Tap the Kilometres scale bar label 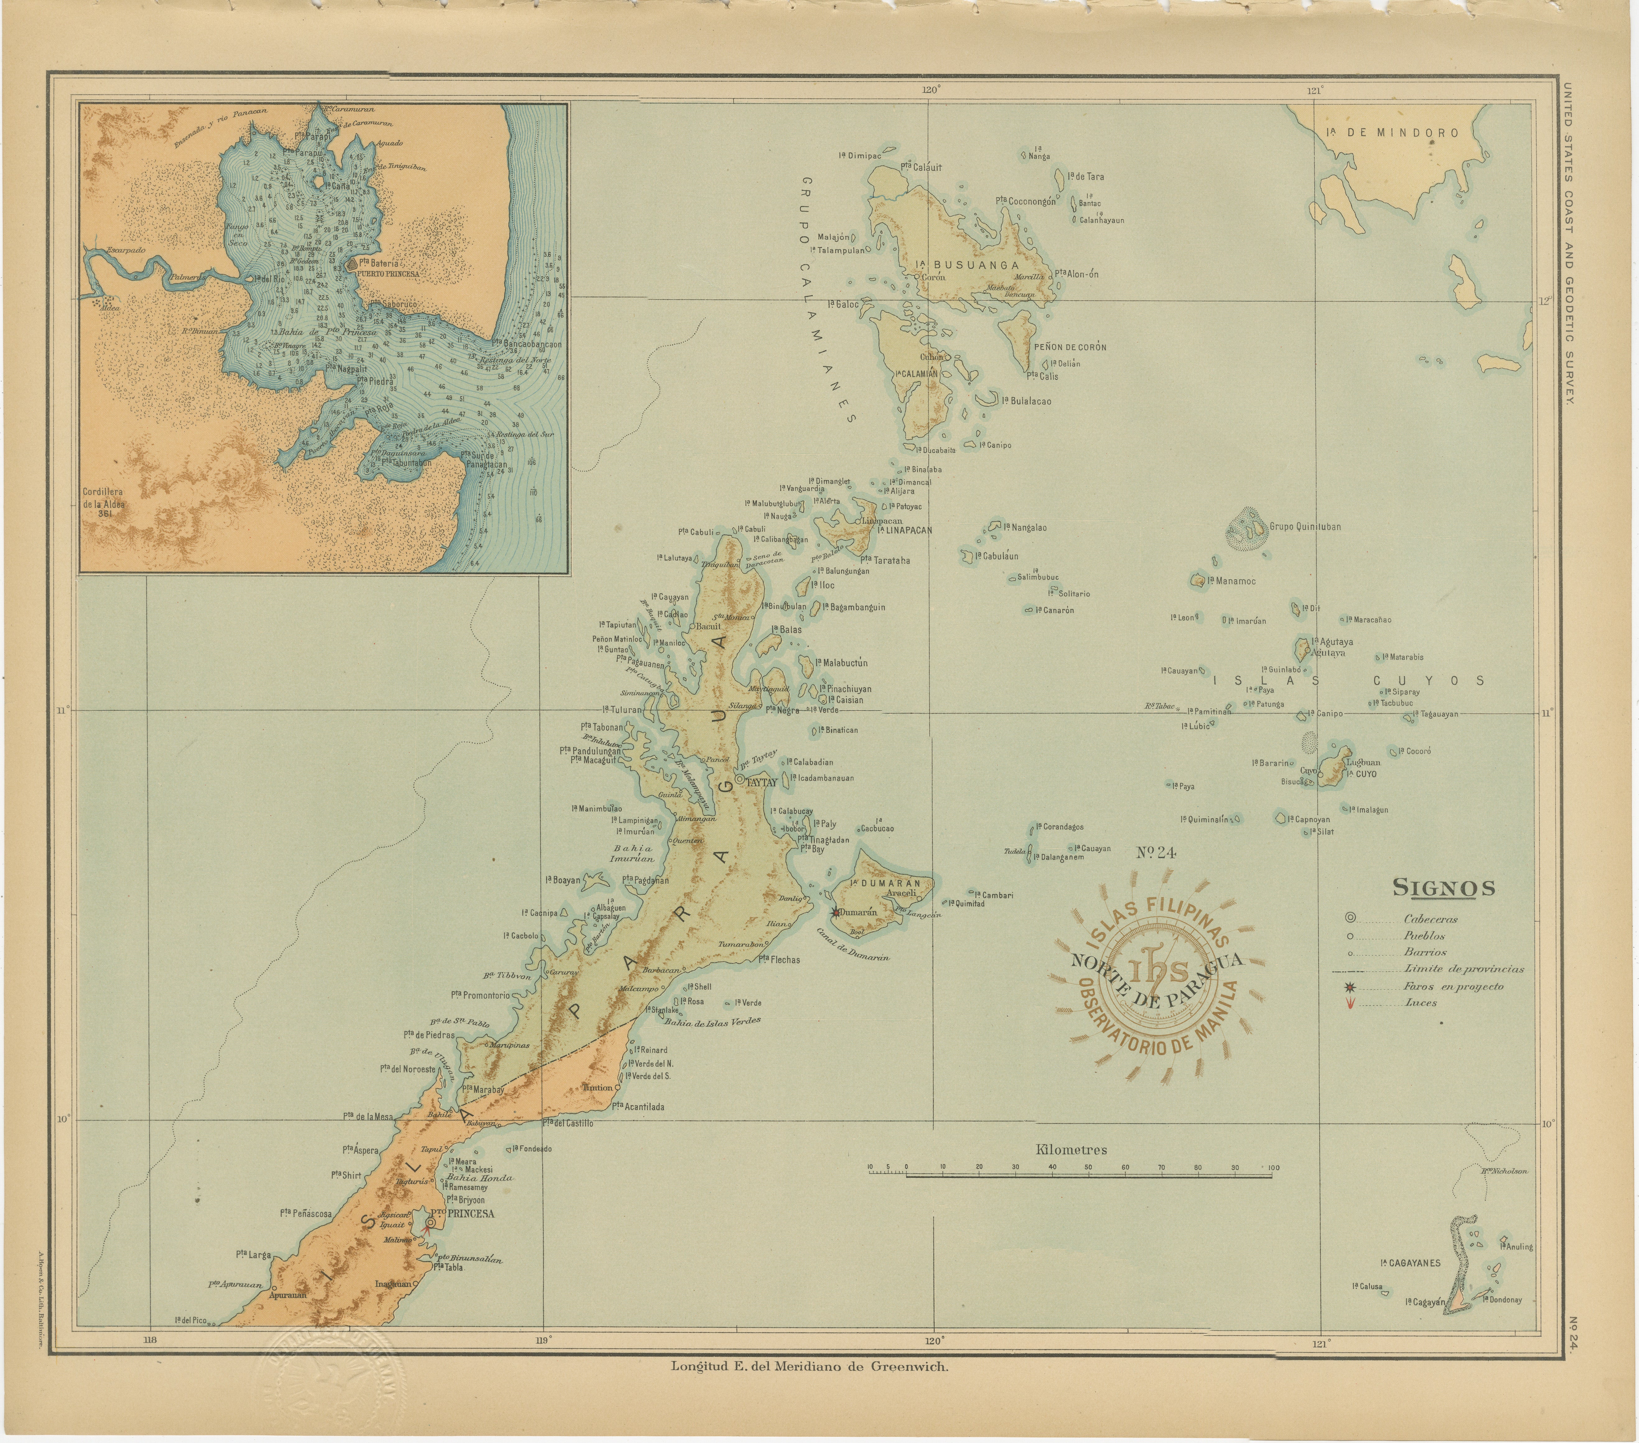tap(1071, 1150)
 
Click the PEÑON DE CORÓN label tap(1070, 347)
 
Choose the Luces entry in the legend tap(1420, 1003)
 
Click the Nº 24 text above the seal tap(1155, 852)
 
